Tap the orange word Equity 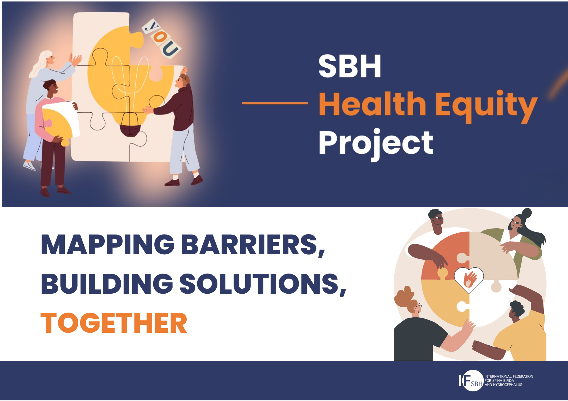pos(486,105)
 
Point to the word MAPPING pos(108,245)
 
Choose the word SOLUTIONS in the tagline pos(259,284)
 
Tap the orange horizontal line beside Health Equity pos(275,103)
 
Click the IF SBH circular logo pos(472,381)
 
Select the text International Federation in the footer pos(509,376)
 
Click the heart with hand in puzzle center pos(469,279)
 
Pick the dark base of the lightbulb pos(130,130)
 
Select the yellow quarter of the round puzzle pos(444,302)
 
